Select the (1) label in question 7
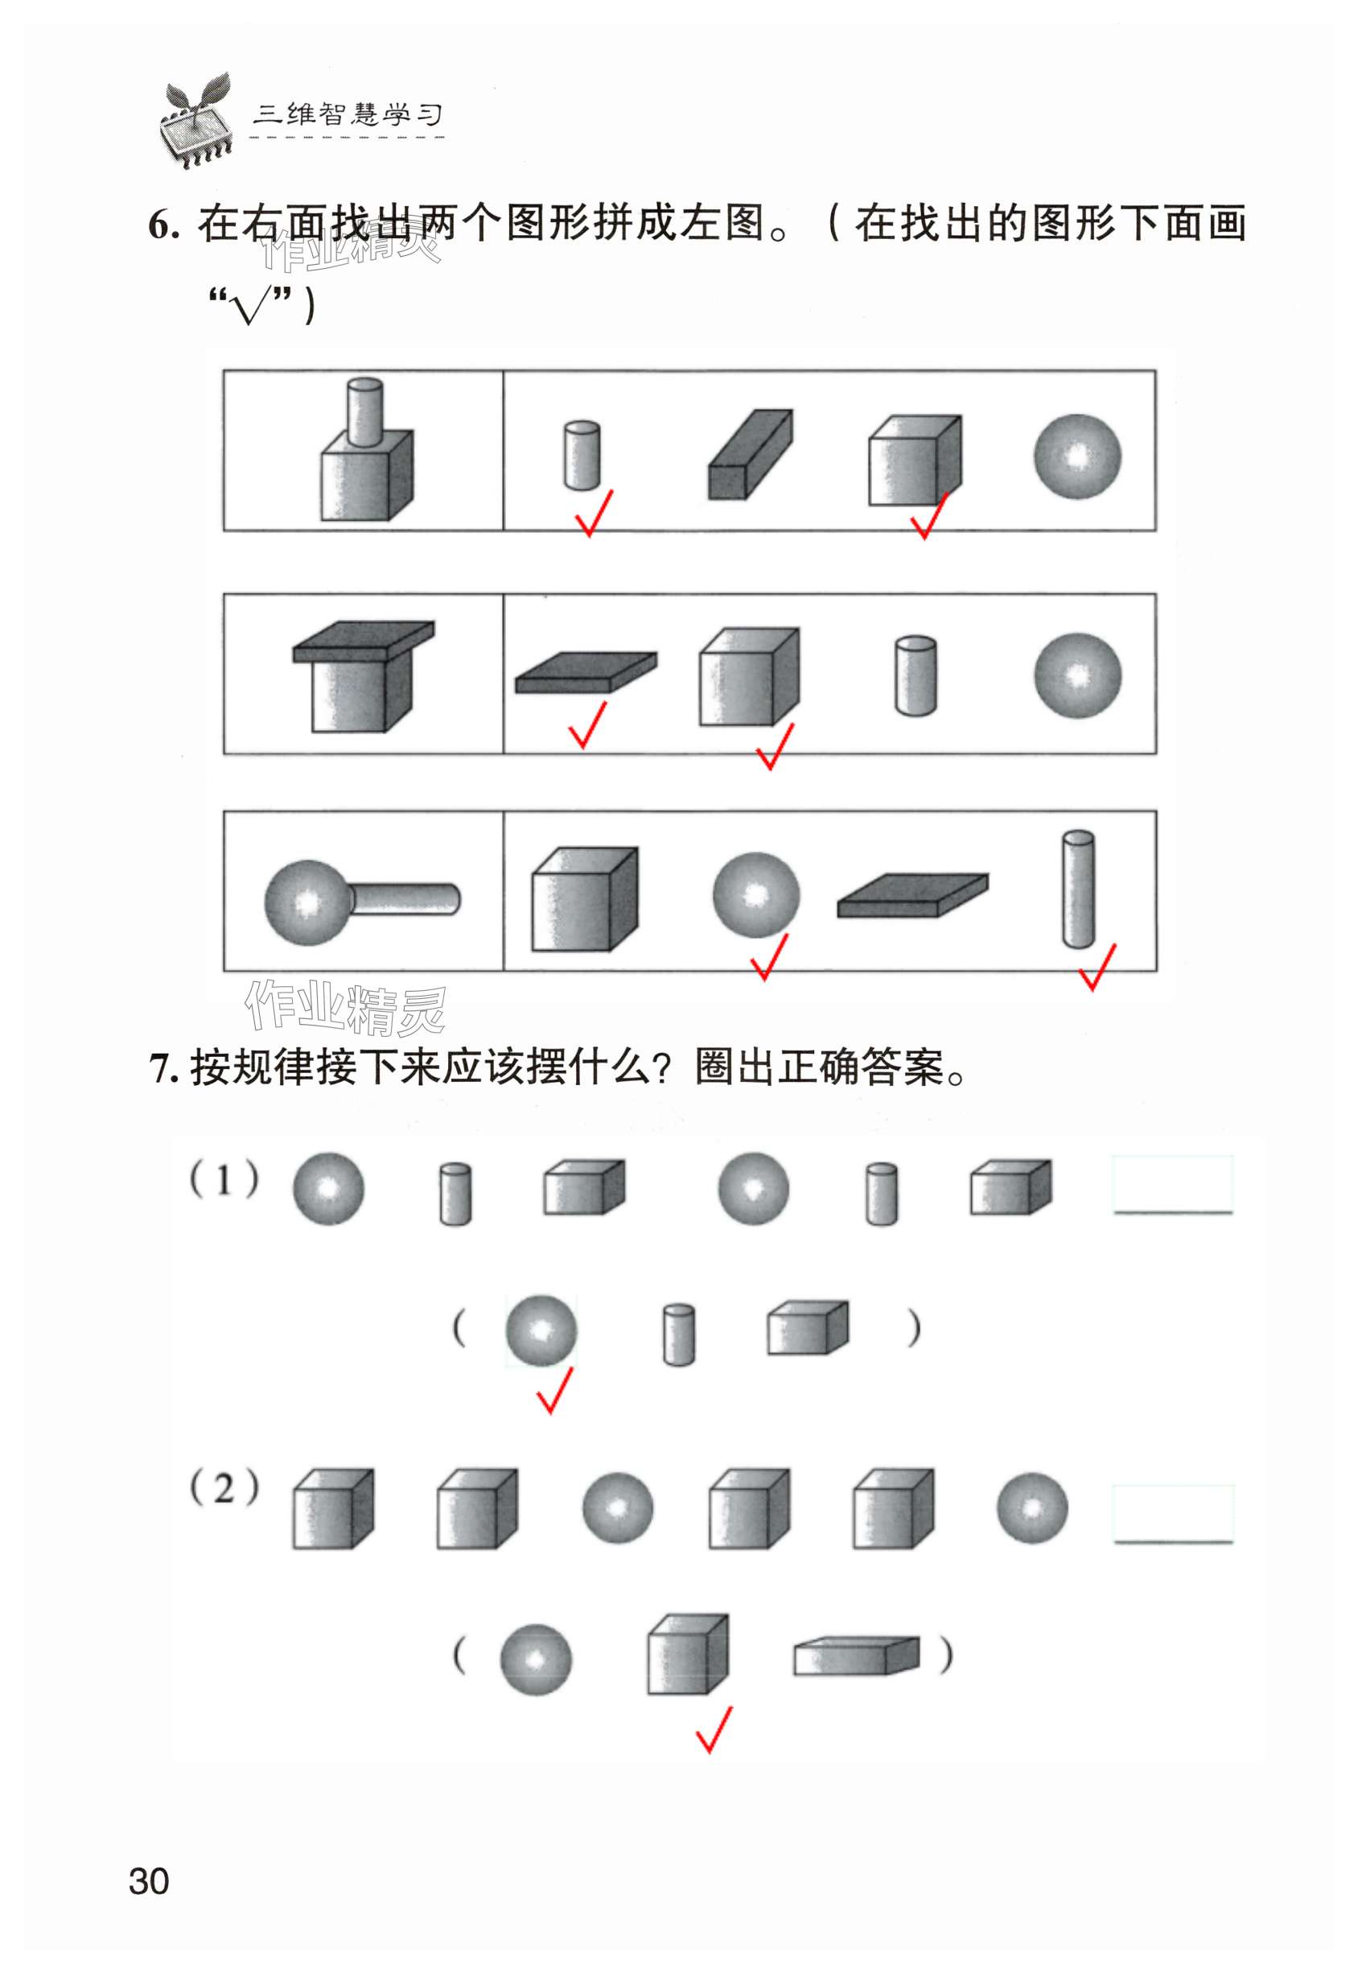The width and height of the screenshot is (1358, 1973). [x=224, y=1181]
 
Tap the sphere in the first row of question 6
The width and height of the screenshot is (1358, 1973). [x=1077, y=456]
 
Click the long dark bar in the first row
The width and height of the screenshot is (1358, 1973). [x=751, y=454]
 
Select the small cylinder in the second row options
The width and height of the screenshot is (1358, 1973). [x=916, y=676]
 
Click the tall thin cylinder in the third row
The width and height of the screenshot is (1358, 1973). [x=1078, y=889]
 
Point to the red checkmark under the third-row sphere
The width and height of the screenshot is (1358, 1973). [x=768, y=956]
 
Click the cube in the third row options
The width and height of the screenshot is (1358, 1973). [x=585, y=899]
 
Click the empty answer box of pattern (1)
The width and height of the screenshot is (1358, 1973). [x=1173, y=1184]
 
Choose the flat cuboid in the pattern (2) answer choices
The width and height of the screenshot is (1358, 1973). [x=857, y=1656]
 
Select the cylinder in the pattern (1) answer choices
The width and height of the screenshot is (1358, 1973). [x=678, y=1335]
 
